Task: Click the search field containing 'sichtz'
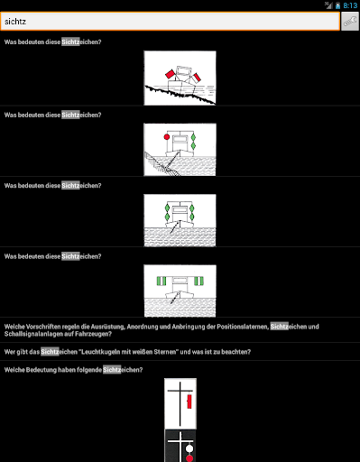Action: tap(171, 22)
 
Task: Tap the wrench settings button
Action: tap(350, 22)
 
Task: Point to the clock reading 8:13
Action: tap(350, 5)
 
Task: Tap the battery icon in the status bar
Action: tap(337, 5)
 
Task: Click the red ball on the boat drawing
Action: tap(167, 137)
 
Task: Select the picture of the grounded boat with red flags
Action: tap(180, 78)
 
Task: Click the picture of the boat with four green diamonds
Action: tap(180, 220)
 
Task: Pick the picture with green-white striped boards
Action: tap(180, 291)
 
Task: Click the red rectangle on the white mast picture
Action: tap(189, 402)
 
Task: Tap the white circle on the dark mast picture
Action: tap(189, 448)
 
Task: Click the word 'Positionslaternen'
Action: tap(243, 327)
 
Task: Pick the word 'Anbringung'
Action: tap(188, 327)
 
